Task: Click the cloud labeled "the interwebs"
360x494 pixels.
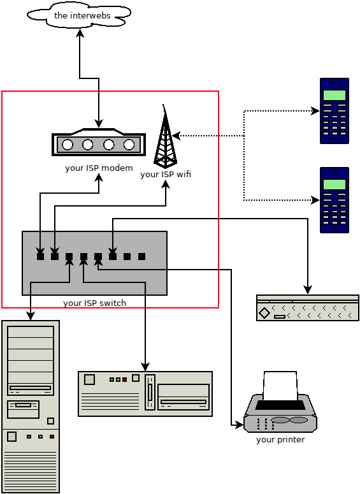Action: (79, 15)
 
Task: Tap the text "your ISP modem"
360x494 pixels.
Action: (99, 168)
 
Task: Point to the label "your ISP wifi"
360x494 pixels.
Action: (166, 174)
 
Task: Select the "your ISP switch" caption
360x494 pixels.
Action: (94, 303)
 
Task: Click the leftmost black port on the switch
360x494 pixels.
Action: (40, 256)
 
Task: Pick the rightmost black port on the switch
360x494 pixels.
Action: (142, 256)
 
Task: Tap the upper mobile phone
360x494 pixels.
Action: (335, 111)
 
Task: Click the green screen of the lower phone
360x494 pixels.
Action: (335, 185)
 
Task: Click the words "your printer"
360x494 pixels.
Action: (280, 440)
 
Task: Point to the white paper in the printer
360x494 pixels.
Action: (280, 386)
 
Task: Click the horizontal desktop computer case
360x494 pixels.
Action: (145, 394)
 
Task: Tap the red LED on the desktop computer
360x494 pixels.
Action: (125, 379)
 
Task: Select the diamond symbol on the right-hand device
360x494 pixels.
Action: (264, 312)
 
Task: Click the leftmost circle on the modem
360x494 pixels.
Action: (68, 145)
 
